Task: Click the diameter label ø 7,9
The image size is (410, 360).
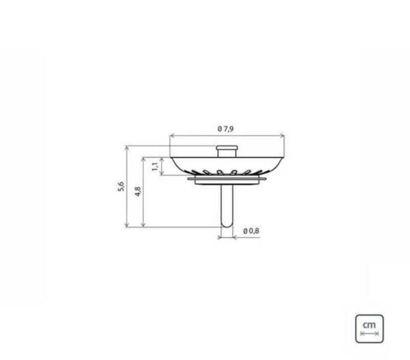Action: click(x=225, y=129)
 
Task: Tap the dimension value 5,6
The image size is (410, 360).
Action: click(x=121, y=186)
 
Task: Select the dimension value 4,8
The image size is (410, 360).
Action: click(x=138, y=192)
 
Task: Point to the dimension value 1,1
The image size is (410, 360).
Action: click(x=155, y=166)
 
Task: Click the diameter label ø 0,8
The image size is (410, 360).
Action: click(x=251, y=231)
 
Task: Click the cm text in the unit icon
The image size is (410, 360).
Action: click(x=369, y=325)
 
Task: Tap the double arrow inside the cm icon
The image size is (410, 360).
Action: click(x=370, y=333)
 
